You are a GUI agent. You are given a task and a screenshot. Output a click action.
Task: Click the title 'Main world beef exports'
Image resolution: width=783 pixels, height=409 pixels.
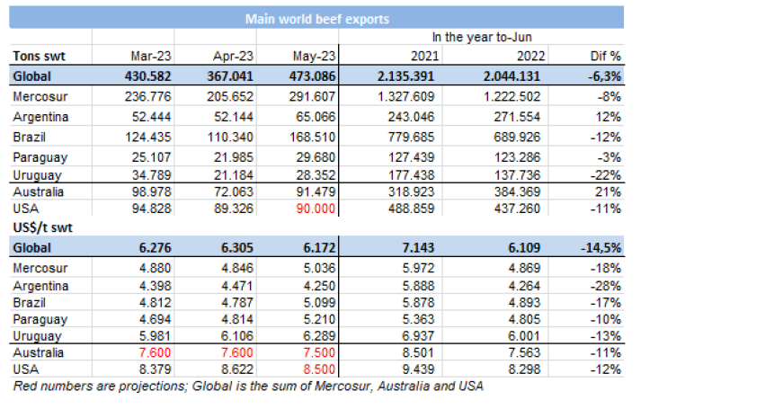click(316, 17)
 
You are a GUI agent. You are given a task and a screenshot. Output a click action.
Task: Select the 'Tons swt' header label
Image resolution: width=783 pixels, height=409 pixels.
click(37, 55)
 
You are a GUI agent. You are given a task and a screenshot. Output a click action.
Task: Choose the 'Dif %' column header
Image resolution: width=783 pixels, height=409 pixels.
click(604, 55)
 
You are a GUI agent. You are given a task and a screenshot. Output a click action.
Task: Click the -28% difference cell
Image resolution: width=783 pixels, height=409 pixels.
click(606, 286)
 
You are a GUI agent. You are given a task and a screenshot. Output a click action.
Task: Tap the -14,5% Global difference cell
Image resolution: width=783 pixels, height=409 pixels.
click(601, 247)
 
